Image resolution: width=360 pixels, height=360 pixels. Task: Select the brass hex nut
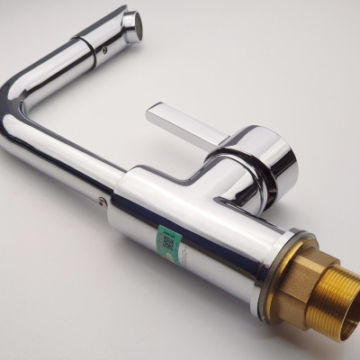click(x=296, y=278)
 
